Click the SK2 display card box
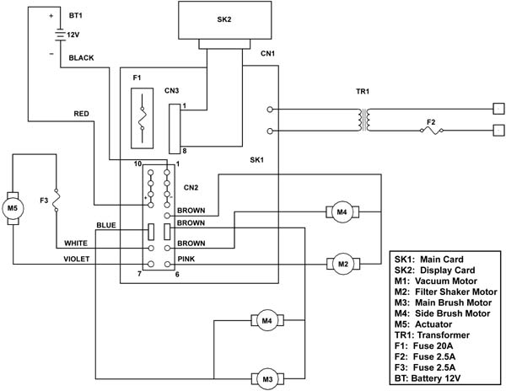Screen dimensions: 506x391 (224, 20)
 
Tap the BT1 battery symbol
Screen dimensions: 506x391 (61, 35)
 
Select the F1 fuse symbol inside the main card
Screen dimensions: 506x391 (142, 118)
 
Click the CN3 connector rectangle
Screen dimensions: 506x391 (175, 129)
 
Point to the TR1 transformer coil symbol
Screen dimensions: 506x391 (363, 120)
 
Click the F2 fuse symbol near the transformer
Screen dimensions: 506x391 (431, 131)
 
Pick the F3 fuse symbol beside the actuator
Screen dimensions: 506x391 (57, 201)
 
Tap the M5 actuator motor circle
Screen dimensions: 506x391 (13, 208)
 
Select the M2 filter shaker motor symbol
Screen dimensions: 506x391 (343, 264)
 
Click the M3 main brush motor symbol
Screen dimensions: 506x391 (267, 378)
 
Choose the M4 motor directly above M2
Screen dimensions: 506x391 (342, 212)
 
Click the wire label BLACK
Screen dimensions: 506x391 (81, 58)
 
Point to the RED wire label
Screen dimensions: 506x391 (81, 114)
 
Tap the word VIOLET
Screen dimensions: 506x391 (77, 260)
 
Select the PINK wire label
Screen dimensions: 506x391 (186, 260)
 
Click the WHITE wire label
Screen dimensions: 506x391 (76, 243)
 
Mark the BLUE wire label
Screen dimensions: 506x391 (106, 225)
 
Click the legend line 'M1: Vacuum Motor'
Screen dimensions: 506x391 (436, 281)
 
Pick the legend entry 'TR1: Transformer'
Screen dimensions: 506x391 (432, 335)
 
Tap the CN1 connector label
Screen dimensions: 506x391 (268, 53)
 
